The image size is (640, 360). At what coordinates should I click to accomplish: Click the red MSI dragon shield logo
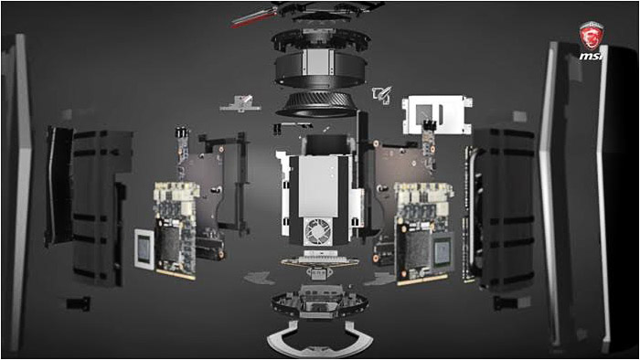point(591,36)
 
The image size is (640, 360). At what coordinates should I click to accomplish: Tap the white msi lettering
point(591,56)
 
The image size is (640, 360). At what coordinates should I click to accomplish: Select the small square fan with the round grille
point(318,231)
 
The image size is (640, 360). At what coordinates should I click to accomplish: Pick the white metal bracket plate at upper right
point(437,114)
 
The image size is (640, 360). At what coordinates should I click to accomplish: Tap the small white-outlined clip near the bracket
point(382,95)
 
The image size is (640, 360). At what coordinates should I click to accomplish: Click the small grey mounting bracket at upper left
point(240,104)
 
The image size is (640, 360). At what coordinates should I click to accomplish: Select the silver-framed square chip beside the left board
point(144,249)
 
